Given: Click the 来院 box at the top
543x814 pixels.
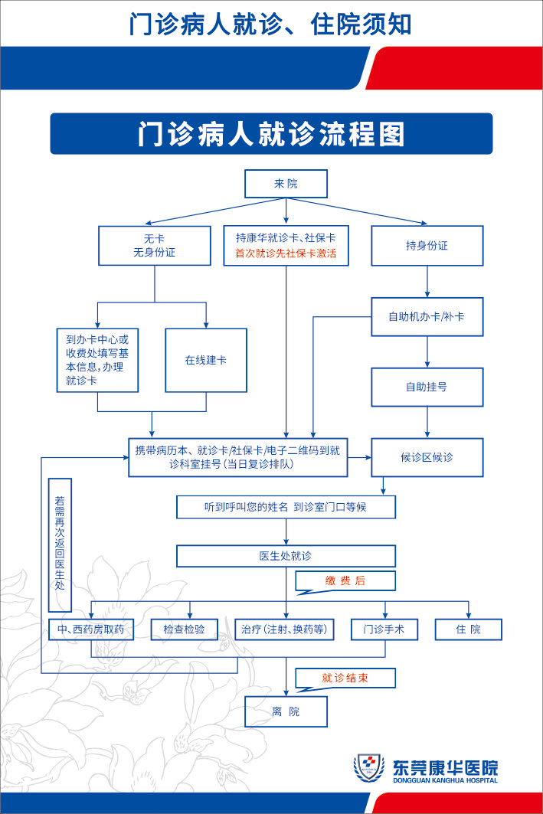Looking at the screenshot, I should (x=286, y=184).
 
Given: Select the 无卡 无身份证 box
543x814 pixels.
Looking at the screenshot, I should (x=154, y=245).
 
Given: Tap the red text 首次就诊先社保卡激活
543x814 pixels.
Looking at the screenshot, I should (x=286, y=253).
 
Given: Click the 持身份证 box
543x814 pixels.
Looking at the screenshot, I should (x=427, y=246).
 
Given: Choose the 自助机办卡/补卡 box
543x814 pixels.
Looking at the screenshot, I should (x=427, y=316).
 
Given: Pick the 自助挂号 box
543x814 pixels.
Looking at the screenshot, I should (x=427, y=387).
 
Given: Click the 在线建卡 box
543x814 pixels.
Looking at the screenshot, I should (x=205, y=360).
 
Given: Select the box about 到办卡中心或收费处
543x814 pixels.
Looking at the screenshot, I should (x=97, y=359).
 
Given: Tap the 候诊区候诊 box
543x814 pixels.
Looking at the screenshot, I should (x=427, y=457).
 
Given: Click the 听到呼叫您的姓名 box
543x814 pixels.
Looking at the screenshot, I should (x=286, y=507).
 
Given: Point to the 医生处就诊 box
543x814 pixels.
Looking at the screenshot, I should (x=286, y=556).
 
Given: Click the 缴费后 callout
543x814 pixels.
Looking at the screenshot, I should (x=345, y=580).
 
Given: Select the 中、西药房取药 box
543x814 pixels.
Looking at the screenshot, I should (x=91, y=629).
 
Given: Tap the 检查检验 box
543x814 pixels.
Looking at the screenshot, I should (x=184, y=629).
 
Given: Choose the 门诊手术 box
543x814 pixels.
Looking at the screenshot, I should (x=384, y=629).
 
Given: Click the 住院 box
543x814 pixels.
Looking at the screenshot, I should (x=469, y=629).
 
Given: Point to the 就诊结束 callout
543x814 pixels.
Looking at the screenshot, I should (x=345, y=678).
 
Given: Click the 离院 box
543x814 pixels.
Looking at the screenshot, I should (x=286, y=711).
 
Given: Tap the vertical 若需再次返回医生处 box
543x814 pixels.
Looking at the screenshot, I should (x=60, y=544).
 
